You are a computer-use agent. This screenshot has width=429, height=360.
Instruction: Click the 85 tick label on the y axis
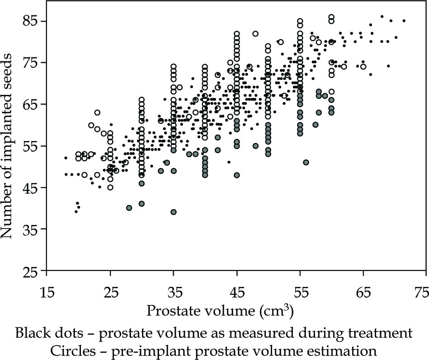tap(30, 22)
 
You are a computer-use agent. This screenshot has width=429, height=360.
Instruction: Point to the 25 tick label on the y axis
tap(30, 271)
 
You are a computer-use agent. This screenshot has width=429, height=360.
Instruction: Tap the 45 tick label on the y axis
tap(30, 188)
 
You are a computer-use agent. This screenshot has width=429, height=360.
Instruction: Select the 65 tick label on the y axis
tap(30, 105)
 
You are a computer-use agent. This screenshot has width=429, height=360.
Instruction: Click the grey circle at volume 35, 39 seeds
tap(174, 212)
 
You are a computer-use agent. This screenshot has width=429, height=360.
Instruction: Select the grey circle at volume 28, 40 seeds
tap(129, 208)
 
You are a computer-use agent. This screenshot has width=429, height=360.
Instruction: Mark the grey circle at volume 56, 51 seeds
tap(306, 162)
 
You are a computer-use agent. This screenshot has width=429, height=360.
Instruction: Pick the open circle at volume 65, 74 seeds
tap(363, 67)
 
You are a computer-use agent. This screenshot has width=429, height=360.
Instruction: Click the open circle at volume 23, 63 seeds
tap(97, 112)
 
